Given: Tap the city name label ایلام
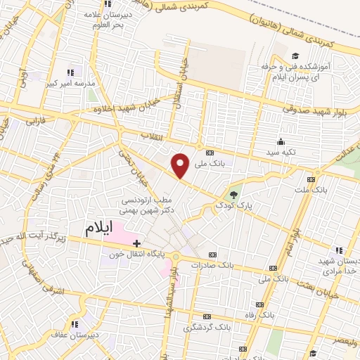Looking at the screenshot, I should pyautogui.click(x=98, y=229).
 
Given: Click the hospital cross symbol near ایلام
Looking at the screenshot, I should pyautogui.click(x=136, y=243).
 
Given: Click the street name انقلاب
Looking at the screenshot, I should pyautogui.click(x=153, y=136).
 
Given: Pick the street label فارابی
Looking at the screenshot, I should pyautogui.click(x=33, y=120).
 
